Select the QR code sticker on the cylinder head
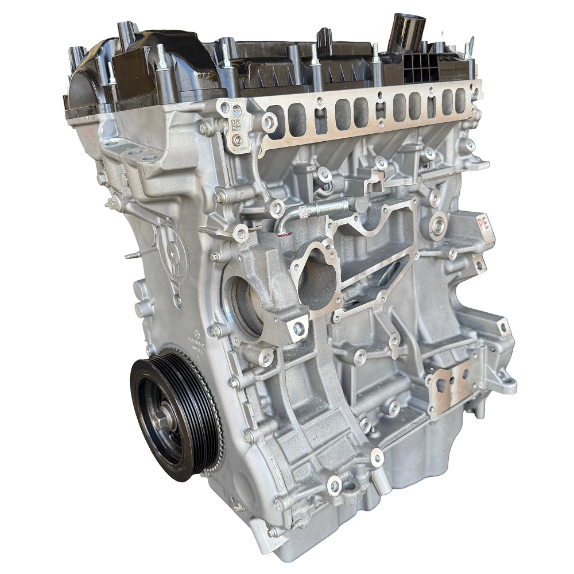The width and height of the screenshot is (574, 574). coord(236,125)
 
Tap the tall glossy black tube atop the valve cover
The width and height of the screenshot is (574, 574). coord(406,32)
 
